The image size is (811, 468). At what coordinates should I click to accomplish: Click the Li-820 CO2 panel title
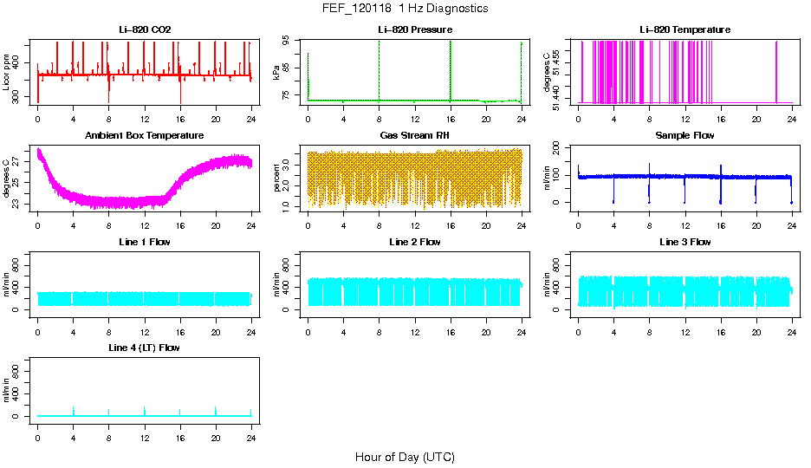tap(145, 29)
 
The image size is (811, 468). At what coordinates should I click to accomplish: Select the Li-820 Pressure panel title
tap(414, 29)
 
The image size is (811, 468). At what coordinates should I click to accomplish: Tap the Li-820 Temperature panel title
tap(684, 29)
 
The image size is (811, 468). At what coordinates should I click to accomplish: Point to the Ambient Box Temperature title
tap(145, 135)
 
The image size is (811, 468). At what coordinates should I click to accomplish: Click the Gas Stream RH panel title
tap(414, 135)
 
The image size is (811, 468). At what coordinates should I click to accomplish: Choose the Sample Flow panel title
tap(684, 135)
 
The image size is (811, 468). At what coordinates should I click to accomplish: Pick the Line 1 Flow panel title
tap(145, 242)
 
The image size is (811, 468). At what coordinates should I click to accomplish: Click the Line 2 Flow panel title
tap(414, 242)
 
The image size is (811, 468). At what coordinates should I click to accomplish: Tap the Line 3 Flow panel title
tap(684, 242)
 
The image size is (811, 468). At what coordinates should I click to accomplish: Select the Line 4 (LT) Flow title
tap(145, 348)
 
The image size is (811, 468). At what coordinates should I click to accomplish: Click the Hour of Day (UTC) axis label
tap(405, 457)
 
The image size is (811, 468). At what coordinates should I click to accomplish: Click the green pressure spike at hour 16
tap(451, 69)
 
